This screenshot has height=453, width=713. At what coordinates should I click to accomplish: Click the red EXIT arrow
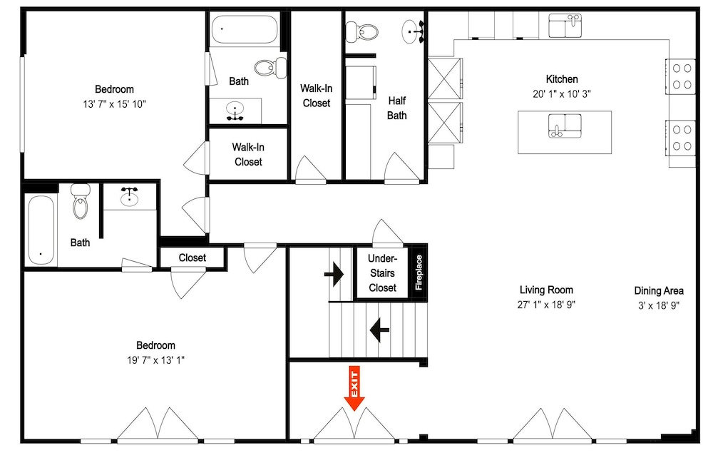point(354,388)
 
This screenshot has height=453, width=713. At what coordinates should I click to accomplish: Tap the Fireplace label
point(419,273)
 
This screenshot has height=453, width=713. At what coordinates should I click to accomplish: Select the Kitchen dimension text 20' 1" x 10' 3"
point(562,93)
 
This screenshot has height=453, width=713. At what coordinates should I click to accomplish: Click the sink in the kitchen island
point(565,126)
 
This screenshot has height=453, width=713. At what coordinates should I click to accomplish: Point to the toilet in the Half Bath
point(362,32)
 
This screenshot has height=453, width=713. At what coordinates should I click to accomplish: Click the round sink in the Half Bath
point(413,31)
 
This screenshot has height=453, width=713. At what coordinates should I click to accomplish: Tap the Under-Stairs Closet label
point(382,273)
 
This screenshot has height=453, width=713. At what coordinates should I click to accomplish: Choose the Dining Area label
point(659,290)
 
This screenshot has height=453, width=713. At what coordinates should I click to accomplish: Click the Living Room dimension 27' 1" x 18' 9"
point(546,305)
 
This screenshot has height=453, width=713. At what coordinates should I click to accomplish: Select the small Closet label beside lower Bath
point(193,258)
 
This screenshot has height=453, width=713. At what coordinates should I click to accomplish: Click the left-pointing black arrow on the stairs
point(379,330)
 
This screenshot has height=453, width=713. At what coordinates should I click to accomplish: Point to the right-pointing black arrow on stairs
point(334,274)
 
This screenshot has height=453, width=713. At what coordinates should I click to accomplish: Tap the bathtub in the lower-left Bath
point(41,230)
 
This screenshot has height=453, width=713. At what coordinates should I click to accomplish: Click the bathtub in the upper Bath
point(245,29)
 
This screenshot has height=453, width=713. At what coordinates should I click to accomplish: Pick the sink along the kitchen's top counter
point(565,26)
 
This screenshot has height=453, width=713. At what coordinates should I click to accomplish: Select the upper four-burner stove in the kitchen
point(681,76)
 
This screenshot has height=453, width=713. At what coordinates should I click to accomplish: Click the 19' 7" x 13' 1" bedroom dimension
point(155,360)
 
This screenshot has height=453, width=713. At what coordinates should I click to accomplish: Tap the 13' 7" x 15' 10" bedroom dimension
point(114,104)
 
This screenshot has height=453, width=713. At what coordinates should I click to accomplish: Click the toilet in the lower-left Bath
point(81,200)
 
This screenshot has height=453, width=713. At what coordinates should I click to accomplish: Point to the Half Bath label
point(396,108)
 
